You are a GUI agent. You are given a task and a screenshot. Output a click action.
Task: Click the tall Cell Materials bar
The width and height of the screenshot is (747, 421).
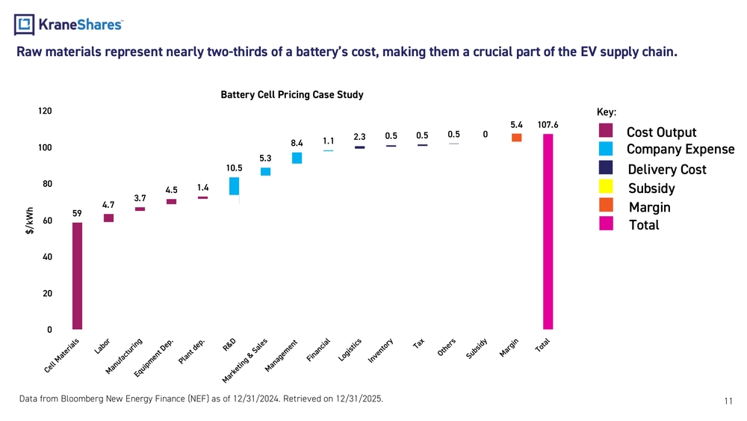77,276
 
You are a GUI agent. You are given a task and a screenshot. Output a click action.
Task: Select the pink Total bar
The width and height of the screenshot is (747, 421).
548,231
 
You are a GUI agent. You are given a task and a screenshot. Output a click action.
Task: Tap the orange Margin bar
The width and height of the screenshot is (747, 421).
516,138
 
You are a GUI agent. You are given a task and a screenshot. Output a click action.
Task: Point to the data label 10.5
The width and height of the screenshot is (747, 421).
234,168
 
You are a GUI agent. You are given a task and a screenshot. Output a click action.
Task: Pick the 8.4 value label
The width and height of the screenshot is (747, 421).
297,143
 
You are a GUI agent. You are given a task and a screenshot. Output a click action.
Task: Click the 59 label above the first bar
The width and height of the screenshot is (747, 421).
77,213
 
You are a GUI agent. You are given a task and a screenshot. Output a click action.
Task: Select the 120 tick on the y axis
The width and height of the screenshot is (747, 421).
45,111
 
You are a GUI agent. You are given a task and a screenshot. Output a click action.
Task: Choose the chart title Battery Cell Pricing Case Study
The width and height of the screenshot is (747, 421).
292,95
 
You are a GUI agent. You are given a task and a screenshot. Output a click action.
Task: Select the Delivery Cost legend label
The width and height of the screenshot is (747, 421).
667,169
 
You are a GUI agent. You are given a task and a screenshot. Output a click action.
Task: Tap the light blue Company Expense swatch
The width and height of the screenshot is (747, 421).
606,149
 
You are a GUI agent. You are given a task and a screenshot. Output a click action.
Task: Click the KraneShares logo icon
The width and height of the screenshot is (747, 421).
25,25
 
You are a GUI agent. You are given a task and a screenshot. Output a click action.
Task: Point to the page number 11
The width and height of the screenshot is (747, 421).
728,402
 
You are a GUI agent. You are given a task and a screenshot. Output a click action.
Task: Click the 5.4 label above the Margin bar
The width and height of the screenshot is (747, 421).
516,124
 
